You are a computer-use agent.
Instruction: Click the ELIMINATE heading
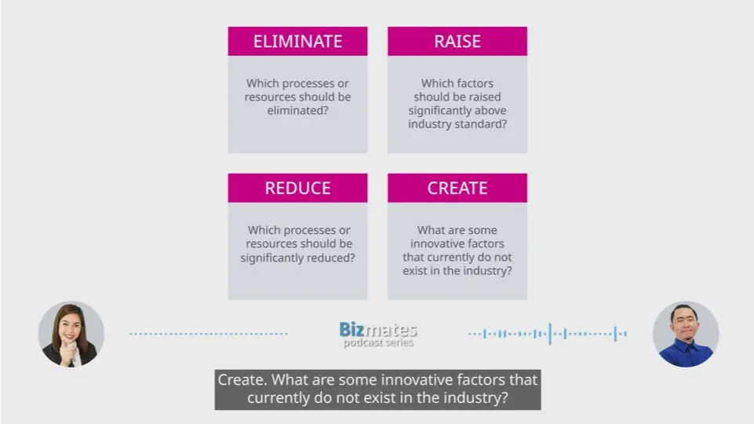pos(297,42)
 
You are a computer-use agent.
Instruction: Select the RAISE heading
pos(457,42)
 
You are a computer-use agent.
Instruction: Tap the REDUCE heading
pos(297,188)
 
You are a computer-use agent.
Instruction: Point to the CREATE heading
pos(457,188)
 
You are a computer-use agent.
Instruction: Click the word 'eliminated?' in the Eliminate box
pos(297,111)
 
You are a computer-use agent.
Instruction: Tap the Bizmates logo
pos(378,330)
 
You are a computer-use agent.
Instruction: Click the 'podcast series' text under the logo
pos(378,342)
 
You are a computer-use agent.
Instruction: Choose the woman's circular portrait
pos(71,334)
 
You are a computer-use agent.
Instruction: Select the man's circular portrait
pos(686,334)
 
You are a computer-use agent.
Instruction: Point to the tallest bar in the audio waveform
pos(550,334)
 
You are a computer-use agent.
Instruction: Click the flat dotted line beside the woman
pos(209,334)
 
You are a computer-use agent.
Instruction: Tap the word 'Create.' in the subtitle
pos(242,380)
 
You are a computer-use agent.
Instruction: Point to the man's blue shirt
pos(687,353)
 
